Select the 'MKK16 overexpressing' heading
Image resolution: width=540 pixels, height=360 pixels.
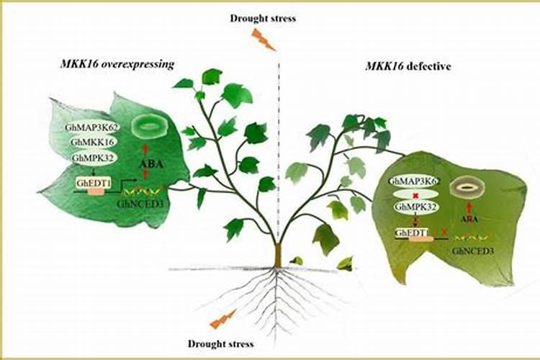[x=117, y=63]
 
